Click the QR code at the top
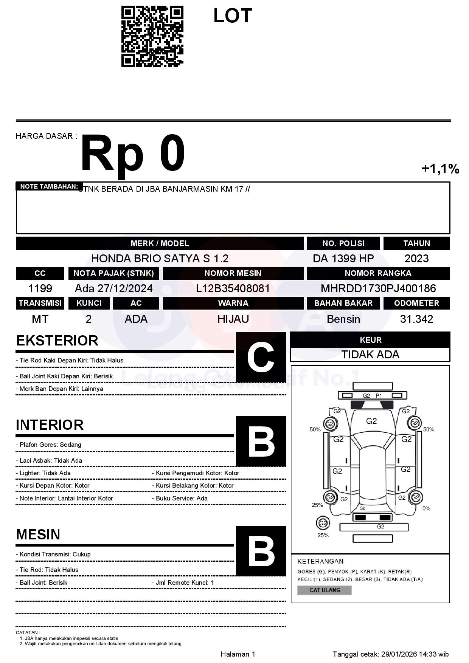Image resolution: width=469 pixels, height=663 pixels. pyautogui.click(x=152, y=37)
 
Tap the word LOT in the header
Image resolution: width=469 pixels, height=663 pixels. pyautogui.click(x=232, y=16)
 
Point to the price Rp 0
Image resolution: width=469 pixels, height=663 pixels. pyautogui.click(x=133, y=154)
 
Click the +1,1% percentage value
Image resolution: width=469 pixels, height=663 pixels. pyautogui.click(x=440, y=169)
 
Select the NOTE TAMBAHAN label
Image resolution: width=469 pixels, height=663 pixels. pyautogui.click(x=49, y=186)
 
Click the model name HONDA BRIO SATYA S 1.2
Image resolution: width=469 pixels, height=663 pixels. pyautogui.click(x=160, y=259)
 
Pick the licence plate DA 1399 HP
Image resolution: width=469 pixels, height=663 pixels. pyautogui.click(x=343, y=259)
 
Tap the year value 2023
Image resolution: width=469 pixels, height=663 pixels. pyautogui.click(x=416, y=259)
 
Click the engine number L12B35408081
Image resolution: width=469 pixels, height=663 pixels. pyautogui.click(x=233, y=288)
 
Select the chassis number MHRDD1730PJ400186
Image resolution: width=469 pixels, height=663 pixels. pyautogui.click(x=378, y=288)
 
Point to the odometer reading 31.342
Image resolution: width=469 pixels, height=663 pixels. pyautogui.click(x=416, y=319)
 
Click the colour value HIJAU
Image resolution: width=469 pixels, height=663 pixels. pyautogui.click(x=233, y=319)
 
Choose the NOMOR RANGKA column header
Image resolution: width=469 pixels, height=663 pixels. pyautogui.click(x=378, y=273)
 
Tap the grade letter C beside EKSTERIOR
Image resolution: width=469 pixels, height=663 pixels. pyautogui.click(x=261, y=357)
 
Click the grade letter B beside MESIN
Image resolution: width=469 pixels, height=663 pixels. pyautogui.click(x=261, y=551)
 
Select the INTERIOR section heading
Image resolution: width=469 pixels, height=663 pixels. pyautogui.click(x=50, y=425)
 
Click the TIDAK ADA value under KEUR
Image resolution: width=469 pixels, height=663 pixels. pyautogui.click(x=370, y=355)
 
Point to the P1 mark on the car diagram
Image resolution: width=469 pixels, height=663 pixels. pyautogui.click(x=379, y=395)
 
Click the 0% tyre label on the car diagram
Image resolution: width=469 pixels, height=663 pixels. pyautogui.click(x=426, y=508)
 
